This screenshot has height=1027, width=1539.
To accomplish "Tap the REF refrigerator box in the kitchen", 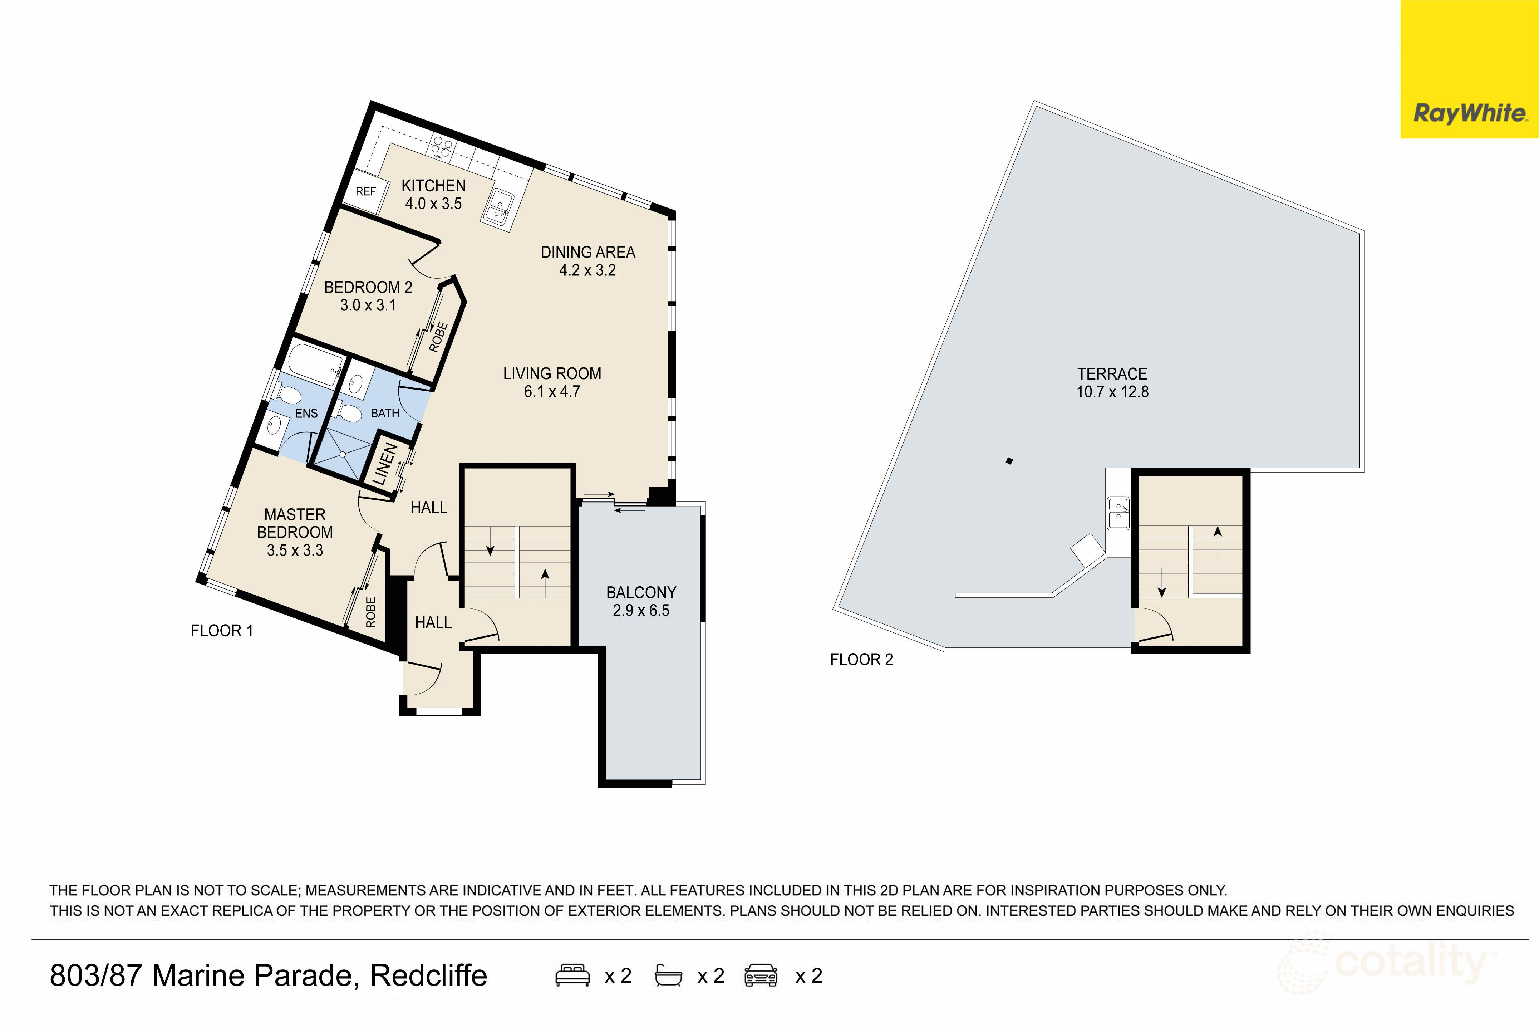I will tap(365, 191).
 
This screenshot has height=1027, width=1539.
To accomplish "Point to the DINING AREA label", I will tap(587, 252).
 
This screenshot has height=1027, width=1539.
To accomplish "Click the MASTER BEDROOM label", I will tap(295, 523).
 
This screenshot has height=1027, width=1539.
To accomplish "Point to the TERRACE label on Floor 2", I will tap(1112, 374).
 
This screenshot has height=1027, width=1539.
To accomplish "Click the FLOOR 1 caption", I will tap(221, 631).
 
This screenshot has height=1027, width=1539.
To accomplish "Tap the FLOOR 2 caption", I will tap(861, 660).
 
